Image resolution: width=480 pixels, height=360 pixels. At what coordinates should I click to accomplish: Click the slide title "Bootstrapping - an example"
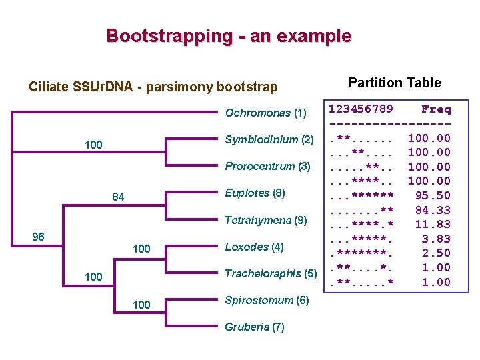pyautogui.click(x=229, y=35)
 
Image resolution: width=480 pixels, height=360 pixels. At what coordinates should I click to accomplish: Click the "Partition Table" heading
pyautogui.click(x=395, y=83)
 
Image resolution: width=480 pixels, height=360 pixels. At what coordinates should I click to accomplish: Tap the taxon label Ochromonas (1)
pyautogui.click(x=265, y=113)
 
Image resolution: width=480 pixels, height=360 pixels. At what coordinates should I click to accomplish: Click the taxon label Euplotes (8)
pyautogui.click(x=255, y=193)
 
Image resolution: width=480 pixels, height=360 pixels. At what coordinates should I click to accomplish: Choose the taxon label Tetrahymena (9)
pyautogui.click(x=266, y=219)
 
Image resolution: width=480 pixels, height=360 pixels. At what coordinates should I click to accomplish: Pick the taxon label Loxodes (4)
pyautogui.click(x=255, y=247)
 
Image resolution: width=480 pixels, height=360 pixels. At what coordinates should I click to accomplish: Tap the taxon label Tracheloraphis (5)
pyautogui.click(x=271, y=273)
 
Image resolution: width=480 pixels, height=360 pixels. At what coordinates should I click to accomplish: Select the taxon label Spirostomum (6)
pyautogui.click(x=267, y=300)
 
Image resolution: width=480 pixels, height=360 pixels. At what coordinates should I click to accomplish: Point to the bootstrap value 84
pyautogui.click(x=118, y=197)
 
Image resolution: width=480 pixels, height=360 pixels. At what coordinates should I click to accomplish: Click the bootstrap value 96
pyautogui.click(x=39, y=237)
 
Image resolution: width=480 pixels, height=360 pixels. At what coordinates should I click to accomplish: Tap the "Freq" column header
pyautogui.click(x=436, y=109)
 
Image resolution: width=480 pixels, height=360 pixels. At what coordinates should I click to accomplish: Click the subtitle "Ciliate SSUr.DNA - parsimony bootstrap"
pyautogui.click(x=153, y=87)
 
